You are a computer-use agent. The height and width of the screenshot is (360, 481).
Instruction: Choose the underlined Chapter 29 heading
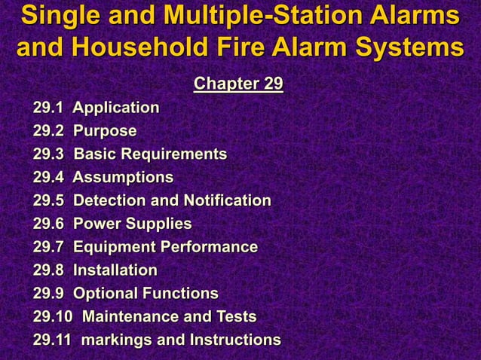coord(238,83)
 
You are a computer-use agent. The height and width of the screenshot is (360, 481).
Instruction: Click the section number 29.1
coord(47,108)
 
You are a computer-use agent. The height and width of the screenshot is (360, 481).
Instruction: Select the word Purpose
coord(105,131)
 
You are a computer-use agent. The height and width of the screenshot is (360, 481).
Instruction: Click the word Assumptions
coord(123,178)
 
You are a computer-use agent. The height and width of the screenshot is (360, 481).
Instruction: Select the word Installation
coord(115,270)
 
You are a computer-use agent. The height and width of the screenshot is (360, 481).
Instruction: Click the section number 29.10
coord(51,317)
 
